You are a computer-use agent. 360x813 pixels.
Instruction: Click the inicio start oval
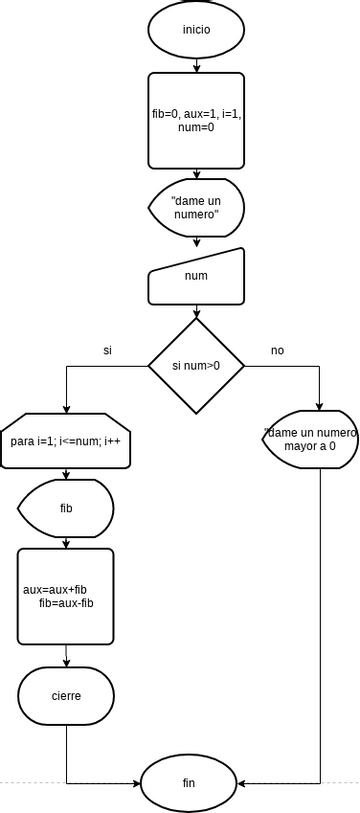(196, 29)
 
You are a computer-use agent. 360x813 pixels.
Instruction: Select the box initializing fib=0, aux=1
(196, 120)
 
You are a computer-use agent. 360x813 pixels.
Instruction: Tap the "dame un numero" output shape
(196, 207)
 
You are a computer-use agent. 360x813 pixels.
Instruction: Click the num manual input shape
(196, 276)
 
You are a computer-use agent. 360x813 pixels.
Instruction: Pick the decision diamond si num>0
(196, 366)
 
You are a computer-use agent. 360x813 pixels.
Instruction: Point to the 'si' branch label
(107, 351)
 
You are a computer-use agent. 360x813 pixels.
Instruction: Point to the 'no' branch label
(277, 351)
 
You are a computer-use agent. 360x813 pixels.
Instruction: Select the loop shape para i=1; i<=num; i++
(66, 441)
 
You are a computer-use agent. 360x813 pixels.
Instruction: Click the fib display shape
(66, 509)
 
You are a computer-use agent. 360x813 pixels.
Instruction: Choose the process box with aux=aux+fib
(66, 596)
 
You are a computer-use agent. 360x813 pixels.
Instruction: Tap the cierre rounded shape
(66, 696)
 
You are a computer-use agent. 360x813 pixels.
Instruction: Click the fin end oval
(189, 782)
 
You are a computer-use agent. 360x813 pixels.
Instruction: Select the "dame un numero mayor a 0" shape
(311, 439)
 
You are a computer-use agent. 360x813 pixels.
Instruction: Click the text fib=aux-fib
(66, 603)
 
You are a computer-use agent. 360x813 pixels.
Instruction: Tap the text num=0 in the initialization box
(196, 128)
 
